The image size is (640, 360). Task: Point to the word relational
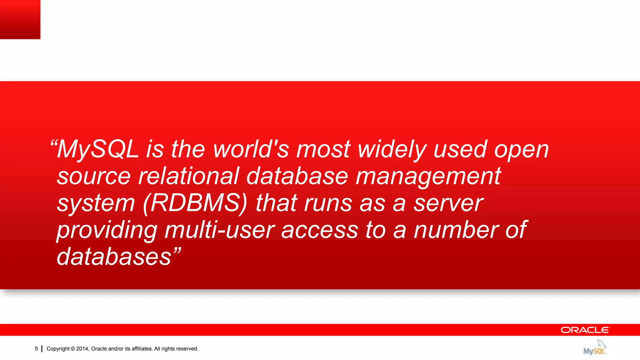(x=188, y=176)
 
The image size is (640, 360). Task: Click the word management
(x=428, y=176)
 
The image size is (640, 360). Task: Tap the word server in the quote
(x=448, y=203)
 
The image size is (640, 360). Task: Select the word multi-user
(x=220, y=230)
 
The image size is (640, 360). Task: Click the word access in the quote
(x=319, y=230)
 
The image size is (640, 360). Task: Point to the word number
(x=456, y=230)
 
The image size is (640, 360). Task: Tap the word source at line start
(x=94, y=176)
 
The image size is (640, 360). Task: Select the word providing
(x=107, y=230)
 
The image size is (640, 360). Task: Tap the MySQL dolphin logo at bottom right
(x=595, y=347)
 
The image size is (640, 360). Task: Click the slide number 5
(x=36, y=349)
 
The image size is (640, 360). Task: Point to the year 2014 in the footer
(x=82, y=349)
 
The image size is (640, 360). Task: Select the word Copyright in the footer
(x=58, y=349)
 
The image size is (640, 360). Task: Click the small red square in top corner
(x=20, y=19)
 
